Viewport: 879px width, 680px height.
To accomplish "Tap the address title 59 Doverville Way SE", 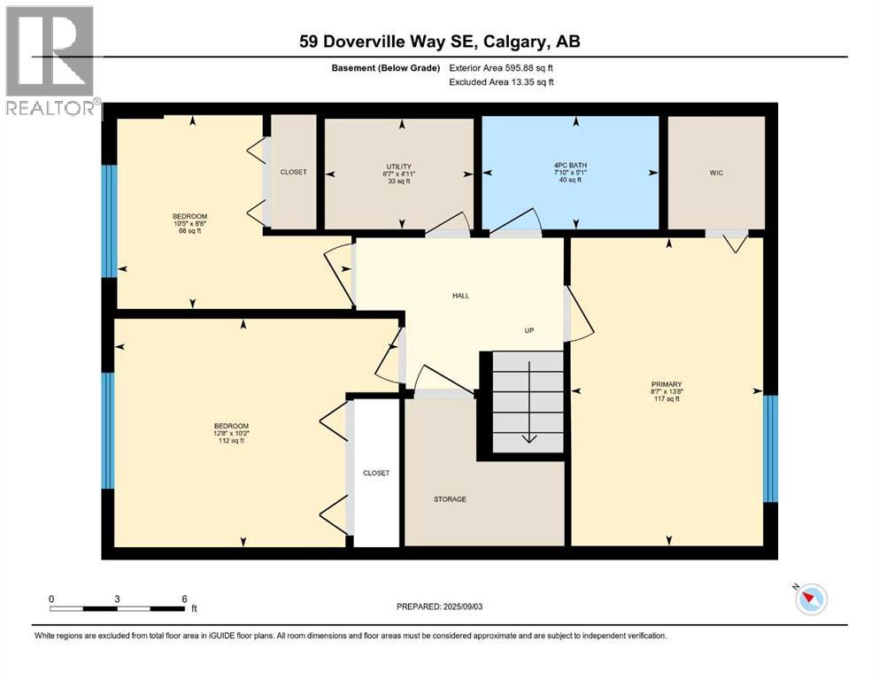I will (439, 41).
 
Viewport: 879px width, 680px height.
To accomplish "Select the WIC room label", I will (716, 173).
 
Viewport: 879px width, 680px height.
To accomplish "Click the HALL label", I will (460, 295).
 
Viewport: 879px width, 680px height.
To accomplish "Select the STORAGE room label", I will (450, 499).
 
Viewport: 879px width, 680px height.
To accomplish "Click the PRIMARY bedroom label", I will (667, 384).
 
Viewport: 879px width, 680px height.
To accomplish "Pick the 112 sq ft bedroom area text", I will (229, 441).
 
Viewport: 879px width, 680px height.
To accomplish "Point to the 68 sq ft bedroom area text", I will (189, 232).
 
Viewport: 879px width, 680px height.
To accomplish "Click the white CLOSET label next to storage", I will (376, 473).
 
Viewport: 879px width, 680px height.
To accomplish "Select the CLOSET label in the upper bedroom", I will (293, 172).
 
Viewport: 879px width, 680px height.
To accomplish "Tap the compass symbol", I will (810, 600).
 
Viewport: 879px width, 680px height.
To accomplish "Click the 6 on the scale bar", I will (182, 599).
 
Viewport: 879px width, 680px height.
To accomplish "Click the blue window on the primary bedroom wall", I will (770, 448).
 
